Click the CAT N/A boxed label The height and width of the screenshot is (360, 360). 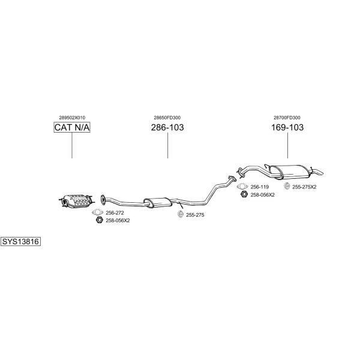72,127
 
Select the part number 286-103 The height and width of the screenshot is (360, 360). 167,127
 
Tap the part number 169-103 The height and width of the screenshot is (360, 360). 287,127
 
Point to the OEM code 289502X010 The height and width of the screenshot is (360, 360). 72,118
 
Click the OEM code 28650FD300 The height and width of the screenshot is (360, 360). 167,118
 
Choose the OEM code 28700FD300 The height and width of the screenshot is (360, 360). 287,118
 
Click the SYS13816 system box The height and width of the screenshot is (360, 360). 20,242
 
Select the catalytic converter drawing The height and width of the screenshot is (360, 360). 76,200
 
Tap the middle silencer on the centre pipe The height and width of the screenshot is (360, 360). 157,202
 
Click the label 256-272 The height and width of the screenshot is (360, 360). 115,213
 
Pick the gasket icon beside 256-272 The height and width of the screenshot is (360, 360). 98,212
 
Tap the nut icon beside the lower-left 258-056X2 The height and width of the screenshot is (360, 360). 100,220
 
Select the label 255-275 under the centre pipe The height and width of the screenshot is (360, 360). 195,215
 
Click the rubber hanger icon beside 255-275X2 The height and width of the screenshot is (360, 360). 287,186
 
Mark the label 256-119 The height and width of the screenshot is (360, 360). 259,187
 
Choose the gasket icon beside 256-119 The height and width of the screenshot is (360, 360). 242,186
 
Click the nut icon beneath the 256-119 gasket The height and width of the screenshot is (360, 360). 244,194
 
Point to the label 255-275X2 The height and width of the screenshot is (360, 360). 304,187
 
